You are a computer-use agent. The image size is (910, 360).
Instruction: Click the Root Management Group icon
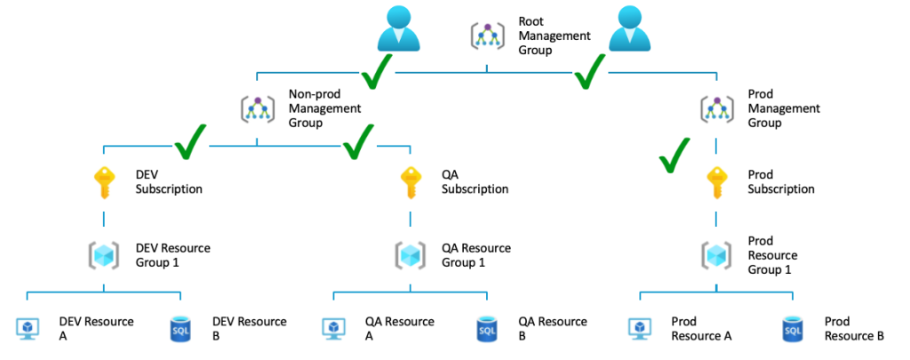487,36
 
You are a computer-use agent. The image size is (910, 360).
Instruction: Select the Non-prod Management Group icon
258,108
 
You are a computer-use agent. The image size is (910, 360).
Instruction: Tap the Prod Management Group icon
716,108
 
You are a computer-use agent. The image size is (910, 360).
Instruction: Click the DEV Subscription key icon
104,181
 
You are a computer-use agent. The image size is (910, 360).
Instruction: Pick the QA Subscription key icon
411,181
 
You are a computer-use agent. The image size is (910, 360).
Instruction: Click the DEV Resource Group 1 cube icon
104,254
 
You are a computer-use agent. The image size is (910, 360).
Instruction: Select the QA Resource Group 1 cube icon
411,254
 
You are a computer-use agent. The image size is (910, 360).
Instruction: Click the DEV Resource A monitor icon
28,328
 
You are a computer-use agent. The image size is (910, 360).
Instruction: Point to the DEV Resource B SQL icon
180,328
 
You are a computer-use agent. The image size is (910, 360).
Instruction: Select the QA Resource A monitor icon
334,328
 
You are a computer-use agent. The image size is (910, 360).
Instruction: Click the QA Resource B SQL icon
487,328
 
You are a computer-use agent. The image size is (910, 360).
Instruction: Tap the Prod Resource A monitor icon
640,328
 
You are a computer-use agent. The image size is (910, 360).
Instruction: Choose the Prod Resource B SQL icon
794,328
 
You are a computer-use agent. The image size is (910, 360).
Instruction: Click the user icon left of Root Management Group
398,28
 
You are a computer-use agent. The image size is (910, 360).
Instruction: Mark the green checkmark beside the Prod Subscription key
675,155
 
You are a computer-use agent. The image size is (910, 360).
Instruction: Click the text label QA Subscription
475,181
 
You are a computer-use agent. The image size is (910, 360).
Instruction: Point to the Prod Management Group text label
784,108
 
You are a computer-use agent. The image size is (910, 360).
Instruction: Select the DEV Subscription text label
169,181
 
